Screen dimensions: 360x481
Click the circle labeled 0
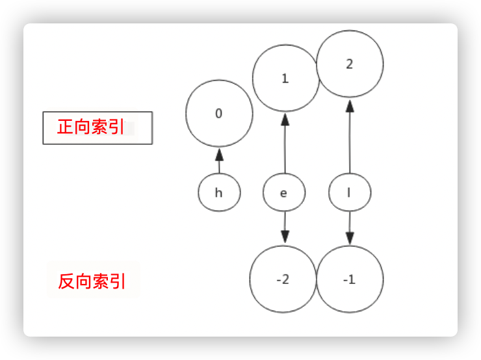(x=219, y=114)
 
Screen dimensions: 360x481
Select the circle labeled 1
(x=285, y=79)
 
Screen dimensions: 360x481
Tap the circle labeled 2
(x=350, y=64)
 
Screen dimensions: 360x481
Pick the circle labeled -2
(x=283, y=280)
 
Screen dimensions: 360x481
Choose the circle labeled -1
(x=349, y=280)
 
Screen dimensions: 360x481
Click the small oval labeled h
(x=219, y=193)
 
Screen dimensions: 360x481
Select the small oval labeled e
(x=284, y=193)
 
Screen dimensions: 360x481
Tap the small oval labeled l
(x=350, y=193)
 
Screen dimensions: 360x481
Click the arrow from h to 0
(x=219, y=162)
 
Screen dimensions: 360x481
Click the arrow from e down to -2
(x=285, y=227)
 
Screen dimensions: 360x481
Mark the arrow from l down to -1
(x=350, y=227)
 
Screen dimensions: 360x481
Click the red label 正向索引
(x=91, y=127)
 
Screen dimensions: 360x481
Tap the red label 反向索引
(x=92, y=281)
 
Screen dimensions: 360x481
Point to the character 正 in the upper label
(x=66, y=127)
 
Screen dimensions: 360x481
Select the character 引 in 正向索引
(x=116, y=127)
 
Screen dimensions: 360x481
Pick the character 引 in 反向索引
(x=118, y=281)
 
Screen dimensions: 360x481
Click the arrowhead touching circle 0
(x=219, y=155)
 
